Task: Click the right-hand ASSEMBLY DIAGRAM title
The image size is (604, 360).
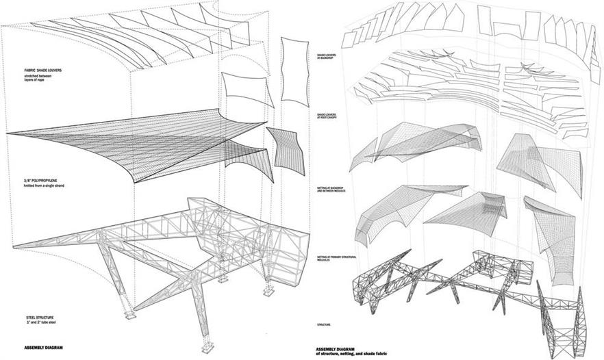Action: pyautogui.click(x=336, y=348)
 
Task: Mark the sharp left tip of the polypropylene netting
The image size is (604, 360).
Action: pyautogui.click(x=5, y=132)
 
